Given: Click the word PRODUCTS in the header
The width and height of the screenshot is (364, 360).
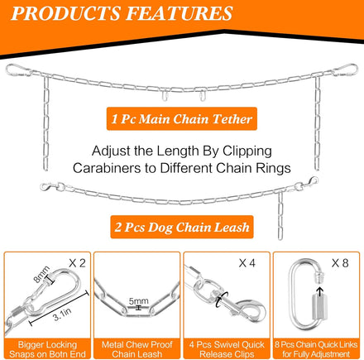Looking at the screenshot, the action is (x=66, y=13).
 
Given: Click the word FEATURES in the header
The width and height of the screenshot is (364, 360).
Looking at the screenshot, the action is (x=180, y=13).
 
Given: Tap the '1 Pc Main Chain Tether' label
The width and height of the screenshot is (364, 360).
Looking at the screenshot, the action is (x=182, y=118).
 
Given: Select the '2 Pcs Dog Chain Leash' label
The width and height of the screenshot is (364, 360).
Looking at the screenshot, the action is (x=182, y=227).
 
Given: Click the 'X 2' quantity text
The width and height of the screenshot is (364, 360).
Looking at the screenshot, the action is (x=77, y=263).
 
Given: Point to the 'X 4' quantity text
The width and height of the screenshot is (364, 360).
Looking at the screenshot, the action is (x=247, y=263).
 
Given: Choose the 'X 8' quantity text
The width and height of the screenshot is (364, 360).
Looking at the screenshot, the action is (x=340, y=263).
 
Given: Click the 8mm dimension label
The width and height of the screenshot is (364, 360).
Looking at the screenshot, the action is (x=41, y=274).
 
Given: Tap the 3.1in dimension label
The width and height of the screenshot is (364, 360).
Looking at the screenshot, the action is (x=62, y=314).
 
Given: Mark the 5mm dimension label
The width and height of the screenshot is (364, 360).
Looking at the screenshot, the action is (x=139, y=301).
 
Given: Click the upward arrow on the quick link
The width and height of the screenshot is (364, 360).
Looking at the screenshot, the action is (x=319, y=291).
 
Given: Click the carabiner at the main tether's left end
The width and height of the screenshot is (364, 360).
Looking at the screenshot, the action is (x=18, y=70).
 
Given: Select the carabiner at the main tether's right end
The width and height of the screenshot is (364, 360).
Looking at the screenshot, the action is (x=345, y=70).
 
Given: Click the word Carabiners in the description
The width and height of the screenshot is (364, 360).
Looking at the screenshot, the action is (x=107, y=168).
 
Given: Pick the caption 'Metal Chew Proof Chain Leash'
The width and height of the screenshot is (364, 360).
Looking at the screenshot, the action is (x=136, y=349).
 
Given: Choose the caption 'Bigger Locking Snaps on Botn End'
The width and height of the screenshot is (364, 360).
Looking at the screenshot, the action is (x=47, y=349).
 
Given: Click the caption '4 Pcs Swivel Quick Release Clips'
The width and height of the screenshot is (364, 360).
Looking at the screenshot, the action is (x=227, y=349).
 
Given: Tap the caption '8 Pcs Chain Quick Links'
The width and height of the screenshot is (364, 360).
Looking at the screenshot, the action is (x=316, y=344).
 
